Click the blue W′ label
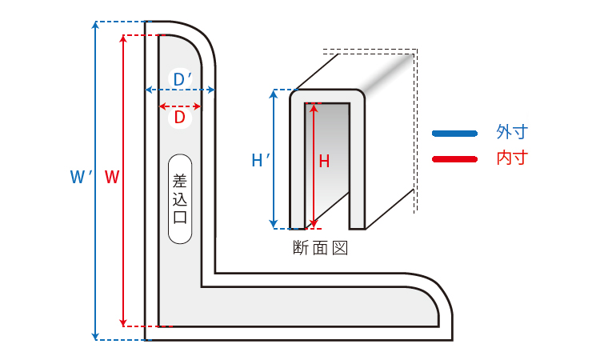79,177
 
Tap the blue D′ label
182,79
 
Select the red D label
180,118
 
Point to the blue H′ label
260,161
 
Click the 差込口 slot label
180,198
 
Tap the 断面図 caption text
320,248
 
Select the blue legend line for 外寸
454,133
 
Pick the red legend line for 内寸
454,158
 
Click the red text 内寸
512,158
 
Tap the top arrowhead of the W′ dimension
96,25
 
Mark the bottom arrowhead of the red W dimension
123,322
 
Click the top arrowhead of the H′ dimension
274,94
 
